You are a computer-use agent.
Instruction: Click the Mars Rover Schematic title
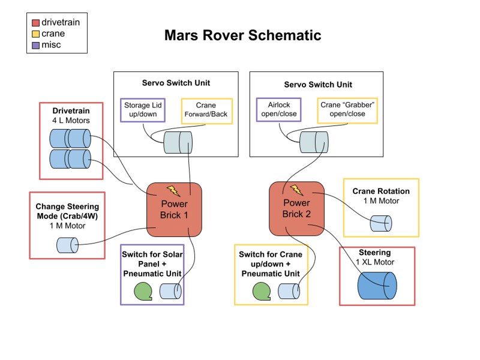[x=242, y=35]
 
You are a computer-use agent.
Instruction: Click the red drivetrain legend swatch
[x=36, y=23]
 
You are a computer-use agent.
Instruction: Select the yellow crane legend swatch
[x=36, y=34]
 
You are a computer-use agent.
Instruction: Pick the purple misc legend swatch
[x=36, y=45]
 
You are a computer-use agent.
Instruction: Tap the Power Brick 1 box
[x=174, y=209]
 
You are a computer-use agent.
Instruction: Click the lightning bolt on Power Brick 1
[x=173, y=191]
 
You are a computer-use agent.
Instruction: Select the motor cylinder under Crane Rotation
[x=380, y=224]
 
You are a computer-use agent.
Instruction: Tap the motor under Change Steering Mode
[x=67, y=245]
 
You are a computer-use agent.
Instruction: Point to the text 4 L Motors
[x=71, y=121]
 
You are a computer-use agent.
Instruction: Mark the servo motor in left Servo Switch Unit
[x=178, y=143]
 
